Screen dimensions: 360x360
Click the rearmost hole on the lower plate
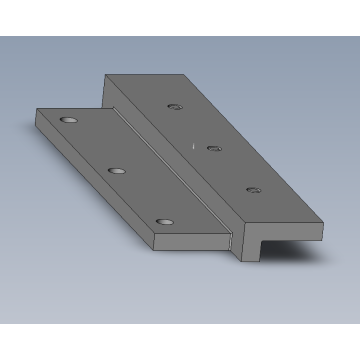coord(68,119)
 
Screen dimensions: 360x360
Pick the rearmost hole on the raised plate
coord(176,106)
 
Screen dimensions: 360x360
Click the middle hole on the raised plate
coord(213,147)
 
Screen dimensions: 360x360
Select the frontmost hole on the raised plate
coord(253,188)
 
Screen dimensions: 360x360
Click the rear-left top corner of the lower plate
coord(36,109)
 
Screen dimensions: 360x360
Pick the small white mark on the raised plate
coord(194,145)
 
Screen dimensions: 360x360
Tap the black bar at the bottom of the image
coord(180,342)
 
